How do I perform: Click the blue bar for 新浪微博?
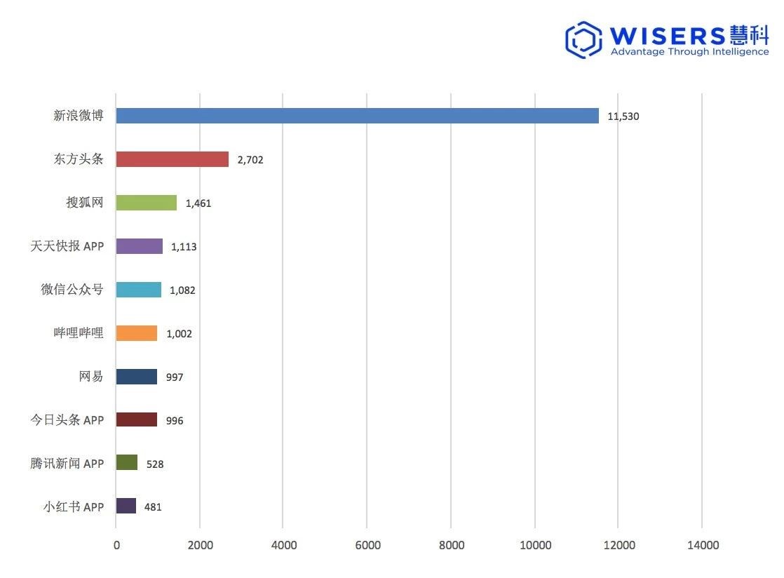pos(357,116)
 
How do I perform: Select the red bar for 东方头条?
pos(172,159)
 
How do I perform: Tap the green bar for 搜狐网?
pos(146,203)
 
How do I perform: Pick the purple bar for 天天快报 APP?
pos(139,246)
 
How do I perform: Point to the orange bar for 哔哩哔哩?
pos(136,333)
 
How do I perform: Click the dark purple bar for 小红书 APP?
pos(126,506)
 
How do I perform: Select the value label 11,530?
pos(623,116)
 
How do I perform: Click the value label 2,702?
pos(250,160)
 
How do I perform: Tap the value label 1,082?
pos(182,290)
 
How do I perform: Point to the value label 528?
pos(155,464)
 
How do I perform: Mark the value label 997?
pos(175,377)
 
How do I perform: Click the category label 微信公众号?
pos(72,290)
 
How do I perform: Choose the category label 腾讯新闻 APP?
pos(67,463)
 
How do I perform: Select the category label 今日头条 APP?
pos(67,420)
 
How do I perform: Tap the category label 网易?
pos(91,377)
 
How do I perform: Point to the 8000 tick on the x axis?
pos(451,546)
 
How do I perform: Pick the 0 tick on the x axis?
pos(116,546)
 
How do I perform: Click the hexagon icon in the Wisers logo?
pos(583,40)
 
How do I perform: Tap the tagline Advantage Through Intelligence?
pos(689,52)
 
